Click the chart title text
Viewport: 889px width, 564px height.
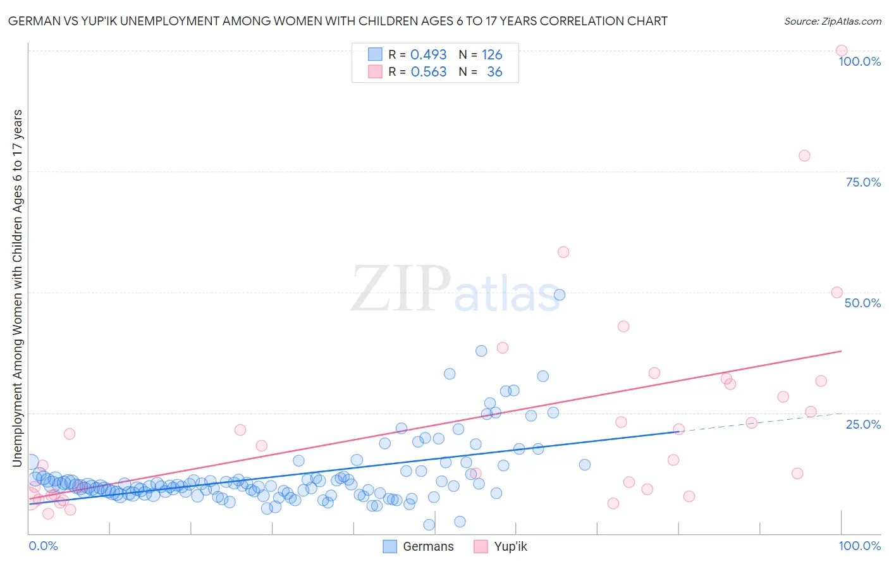pos(338,21)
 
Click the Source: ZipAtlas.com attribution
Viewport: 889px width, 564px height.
pos(832,21)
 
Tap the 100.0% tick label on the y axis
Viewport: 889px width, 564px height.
pos(859,61)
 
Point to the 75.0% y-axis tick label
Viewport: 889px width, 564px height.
pos(863,182)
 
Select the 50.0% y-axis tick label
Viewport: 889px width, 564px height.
pos(862,303)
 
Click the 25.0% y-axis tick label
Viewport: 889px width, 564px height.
pos(863,424)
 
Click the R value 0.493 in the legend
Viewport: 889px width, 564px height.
pos(428,55)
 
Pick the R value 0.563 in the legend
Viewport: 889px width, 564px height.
pos(429,72)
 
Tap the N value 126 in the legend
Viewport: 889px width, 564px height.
pos(492,55)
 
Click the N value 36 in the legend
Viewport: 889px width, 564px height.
pos(494,72)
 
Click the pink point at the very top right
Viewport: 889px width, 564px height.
pos(842,51)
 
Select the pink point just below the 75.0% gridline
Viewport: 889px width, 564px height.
pos(804,156)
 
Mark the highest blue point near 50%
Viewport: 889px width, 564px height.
pos(559,295)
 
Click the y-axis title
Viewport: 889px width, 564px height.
pos(18,288)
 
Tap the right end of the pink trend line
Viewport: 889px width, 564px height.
pos(841,351)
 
